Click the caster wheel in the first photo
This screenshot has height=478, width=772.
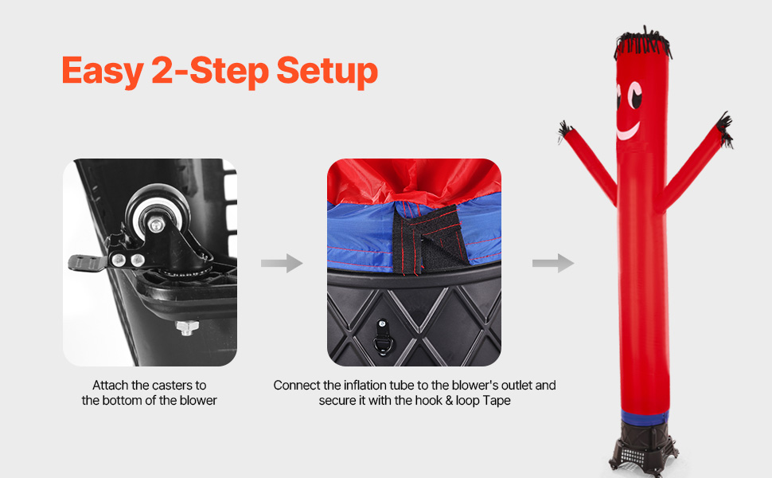coord(157,212)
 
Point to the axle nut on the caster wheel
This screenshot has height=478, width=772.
coord(155,225)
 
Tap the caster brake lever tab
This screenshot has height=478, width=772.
coord(87,263)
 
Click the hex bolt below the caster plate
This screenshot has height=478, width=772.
coord(187,327)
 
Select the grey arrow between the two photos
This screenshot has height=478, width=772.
coord(282,263)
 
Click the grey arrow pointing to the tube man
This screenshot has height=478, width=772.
coord(553,263)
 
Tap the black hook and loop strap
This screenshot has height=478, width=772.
coord(427,241)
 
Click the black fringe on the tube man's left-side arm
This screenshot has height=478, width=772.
coord(565,131)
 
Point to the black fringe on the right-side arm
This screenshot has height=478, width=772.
coord(725,129)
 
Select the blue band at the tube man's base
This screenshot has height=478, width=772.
coord(645,417)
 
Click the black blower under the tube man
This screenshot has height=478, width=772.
coord(644,448)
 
